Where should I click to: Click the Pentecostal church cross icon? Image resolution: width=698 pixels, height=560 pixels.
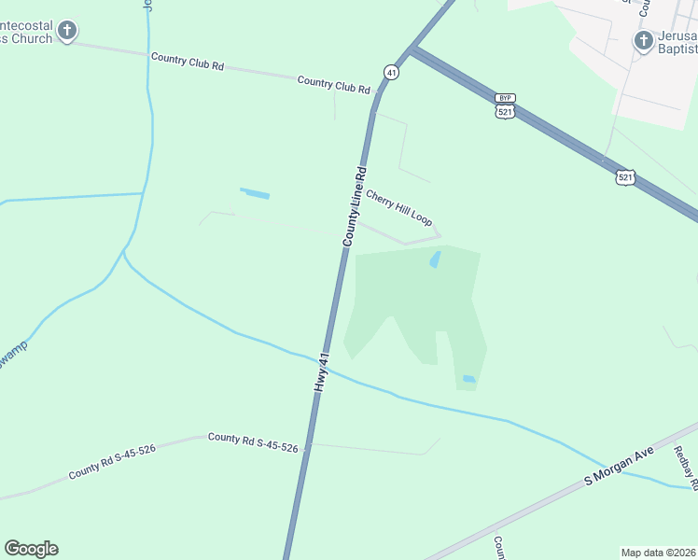[x=66, y=31]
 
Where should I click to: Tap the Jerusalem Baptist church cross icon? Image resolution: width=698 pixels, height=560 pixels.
[x=643, y=40]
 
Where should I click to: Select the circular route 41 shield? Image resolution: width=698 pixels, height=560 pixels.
[x=391, y=72]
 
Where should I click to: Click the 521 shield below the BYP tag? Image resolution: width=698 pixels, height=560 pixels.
[x=505, y=111]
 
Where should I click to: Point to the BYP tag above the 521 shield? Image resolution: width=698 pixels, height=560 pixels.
[x=505, y=97]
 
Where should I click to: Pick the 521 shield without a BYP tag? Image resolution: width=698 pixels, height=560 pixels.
[x=625, y=176]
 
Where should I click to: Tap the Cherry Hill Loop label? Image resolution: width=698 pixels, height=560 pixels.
[x=399, y=208]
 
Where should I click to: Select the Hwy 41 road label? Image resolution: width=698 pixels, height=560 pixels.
[x=322, y=371]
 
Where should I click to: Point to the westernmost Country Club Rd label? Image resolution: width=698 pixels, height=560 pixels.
[x=188, y=62]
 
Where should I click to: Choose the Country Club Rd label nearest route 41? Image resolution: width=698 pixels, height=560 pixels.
[x=334, y=85]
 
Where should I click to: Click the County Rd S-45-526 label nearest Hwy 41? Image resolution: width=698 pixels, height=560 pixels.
[x=253, y=442]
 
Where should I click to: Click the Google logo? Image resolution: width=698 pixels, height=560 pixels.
[x=31, y=549]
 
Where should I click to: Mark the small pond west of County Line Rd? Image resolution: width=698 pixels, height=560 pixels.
[x=255, y=194]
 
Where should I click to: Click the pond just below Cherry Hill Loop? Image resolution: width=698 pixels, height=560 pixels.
[x=435, y=259]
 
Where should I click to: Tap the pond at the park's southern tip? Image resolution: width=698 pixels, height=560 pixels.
[x=468, y=379]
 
